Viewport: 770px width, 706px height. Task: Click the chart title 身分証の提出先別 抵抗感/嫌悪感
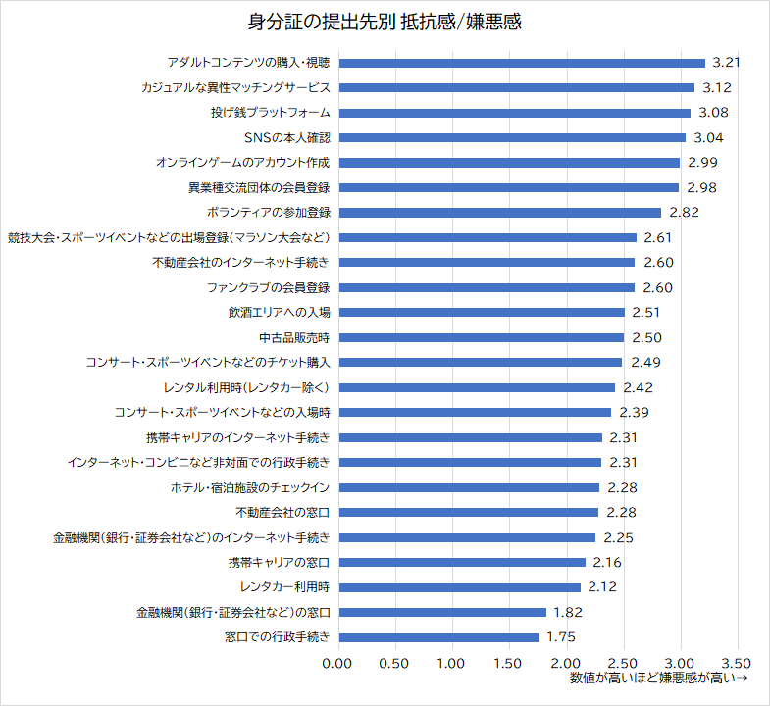384,22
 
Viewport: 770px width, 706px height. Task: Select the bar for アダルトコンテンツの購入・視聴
521,63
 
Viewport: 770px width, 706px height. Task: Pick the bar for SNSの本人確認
511,137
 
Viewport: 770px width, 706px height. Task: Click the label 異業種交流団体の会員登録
259,187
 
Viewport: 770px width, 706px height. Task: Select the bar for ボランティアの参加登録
498,213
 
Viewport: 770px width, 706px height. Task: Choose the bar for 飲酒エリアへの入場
481,313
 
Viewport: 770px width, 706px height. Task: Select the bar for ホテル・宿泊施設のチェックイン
468,487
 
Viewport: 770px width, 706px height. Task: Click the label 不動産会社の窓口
282,512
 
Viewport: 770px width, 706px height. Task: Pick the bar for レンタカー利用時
458,587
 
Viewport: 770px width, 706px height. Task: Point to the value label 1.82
570,612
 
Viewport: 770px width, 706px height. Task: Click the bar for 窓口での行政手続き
437,637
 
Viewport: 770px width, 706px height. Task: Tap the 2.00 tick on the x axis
565,663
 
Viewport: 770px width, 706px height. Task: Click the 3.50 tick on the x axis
737,663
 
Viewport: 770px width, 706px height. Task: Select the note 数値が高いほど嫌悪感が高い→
659,678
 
